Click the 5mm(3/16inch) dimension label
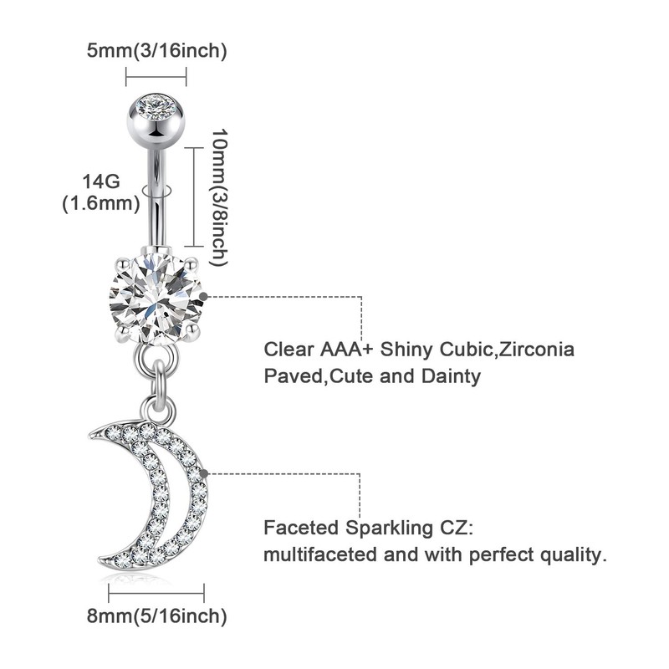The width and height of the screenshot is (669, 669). click(157, 51)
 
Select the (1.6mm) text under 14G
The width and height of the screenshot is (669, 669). click(100, 203)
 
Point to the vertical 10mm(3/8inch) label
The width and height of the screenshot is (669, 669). click(219, 197)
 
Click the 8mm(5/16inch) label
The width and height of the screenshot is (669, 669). click(156, 616)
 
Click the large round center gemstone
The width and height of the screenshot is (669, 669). click(157, 298)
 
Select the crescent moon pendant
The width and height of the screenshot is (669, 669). click(167, 493)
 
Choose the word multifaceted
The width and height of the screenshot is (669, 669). click(314, 554)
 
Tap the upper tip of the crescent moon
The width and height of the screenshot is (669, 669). click(93, 433)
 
